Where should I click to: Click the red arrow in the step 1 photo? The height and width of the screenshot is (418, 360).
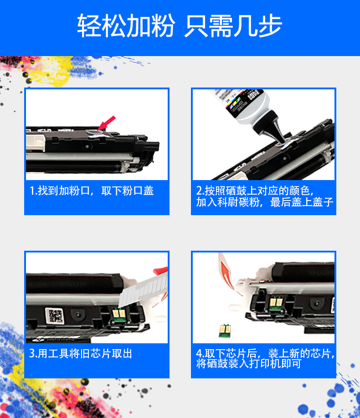point(106,124)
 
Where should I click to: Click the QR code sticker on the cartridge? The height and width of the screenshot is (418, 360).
point(55,316)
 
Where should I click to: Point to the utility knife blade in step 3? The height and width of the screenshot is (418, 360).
point(141,292)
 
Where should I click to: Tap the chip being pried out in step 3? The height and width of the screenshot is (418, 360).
point(118,315)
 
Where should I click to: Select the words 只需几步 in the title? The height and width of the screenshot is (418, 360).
point(233,26)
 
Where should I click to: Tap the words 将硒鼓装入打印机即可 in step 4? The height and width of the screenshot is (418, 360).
point(249,364)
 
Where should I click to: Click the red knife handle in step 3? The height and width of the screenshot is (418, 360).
point(161,271)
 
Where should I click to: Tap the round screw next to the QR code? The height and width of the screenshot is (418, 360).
point(78,315)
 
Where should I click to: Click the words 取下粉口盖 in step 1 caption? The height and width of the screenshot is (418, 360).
point(128,191)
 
